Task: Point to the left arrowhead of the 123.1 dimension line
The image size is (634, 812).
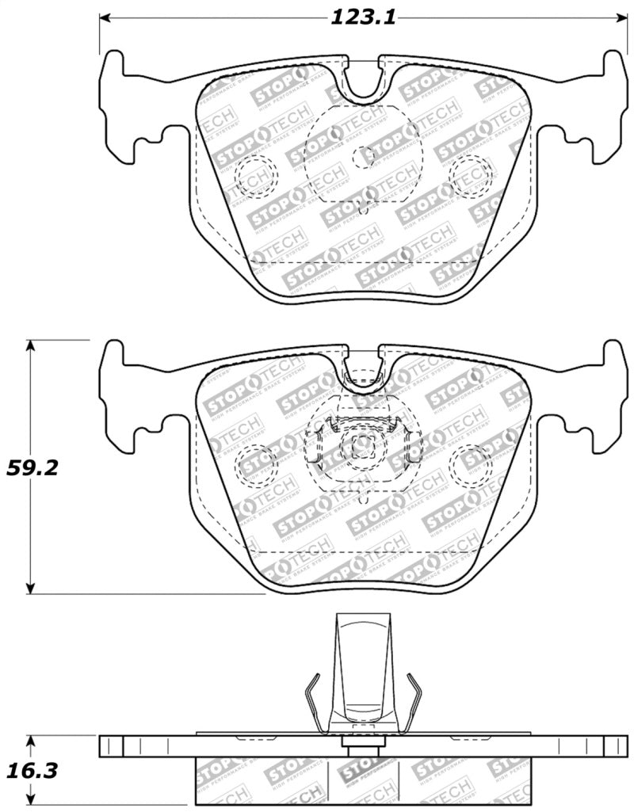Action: click(x=104, y=18)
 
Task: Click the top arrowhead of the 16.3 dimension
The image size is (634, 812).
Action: click(x=31, y=739)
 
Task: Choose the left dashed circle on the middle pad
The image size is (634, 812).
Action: click(x=255, y=463)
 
